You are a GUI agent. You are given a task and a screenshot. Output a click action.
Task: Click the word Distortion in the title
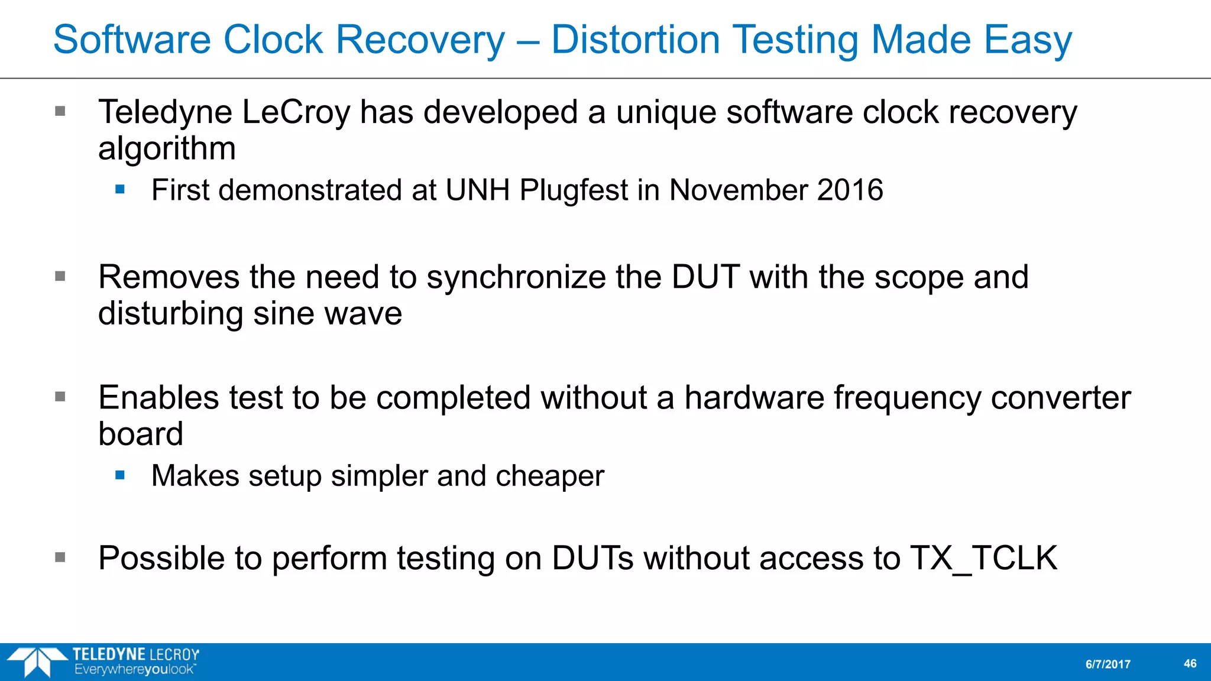click(x=636, y=40)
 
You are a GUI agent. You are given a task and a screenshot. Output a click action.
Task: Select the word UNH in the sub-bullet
click(x=477, y=190)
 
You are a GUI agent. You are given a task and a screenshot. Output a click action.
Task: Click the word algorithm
click(x=167, y=149)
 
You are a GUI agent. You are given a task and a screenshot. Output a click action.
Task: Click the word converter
click(x=1061, y=398)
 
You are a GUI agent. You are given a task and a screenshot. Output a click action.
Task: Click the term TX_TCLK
click(x=983, y=558)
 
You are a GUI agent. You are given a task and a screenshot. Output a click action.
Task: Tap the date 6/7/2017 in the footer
click(x=1108, y=664)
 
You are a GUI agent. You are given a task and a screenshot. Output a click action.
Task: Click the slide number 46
click(x=1190, y=664)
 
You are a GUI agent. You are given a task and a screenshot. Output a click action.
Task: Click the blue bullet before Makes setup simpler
click(x=120, y=475)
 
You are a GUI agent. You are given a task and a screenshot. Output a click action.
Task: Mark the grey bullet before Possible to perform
click(x=60, y=557)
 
